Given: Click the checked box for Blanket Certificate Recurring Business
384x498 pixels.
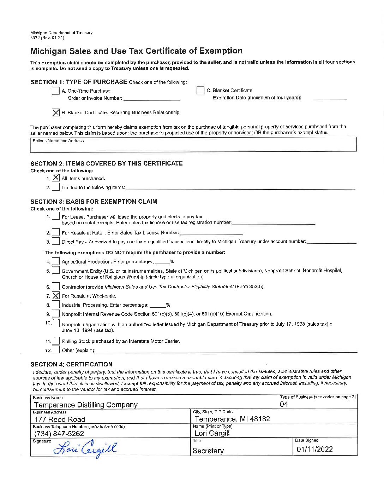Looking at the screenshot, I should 56,112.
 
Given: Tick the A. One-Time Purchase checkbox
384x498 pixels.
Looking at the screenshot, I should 56,91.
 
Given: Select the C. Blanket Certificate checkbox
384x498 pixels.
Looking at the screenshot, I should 200,91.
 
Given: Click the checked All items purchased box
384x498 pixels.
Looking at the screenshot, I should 56,178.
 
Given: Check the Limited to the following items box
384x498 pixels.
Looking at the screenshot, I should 56,187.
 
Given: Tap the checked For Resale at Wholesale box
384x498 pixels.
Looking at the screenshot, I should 56,296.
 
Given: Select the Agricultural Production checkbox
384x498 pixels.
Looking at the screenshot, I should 56,261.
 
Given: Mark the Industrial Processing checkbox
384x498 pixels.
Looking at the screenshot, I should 56,305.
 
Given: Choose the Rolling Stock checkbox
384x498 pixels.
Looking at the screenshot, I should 56,341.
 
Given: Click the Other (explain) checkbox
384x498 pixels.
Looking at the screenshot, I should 56,350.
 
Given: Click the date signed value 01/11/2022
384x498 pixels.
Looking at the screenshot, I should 314,449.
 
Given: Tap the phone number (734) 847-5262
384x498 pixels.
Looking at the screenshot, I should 59,434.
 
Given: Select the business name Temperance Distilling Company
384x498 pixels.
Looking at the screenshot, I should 86,405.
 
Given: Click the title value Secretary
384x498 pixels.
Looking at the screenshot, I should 208,451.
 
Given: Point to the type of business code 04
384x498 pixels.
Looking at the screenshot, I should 284,404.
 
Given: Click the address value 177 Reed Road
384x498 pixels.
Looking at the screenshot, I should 60,419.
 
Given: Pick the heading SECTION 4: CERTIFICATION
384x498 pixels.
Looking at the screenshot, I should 71,364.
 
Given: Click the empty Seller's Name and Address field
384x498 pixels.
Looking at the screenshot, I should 193,145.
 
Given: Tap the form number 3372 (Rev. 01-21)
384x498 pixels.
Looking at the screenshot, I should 47,38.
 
